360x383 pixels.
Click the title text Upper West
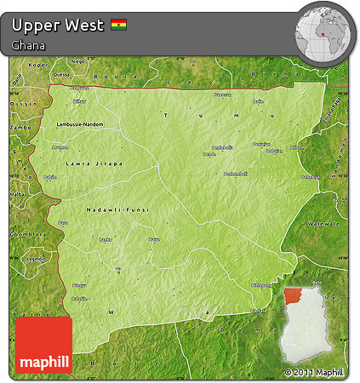coord(59,25)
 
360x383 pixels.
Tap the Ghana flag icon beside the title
coord(119,25)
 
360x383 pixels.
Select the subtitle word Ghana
coord(29,45)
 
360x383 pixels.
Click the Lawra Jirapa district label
coord(94,163)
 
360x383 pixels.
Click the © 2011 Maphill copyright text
coord(317,373)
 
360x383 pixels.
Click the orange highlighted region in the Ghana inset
coord(294,294)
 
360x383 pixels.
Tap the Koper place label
coord(39,65)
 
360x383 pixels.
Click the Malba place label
coord(16,194)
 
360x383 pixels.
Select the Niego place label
coord(77,61)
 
